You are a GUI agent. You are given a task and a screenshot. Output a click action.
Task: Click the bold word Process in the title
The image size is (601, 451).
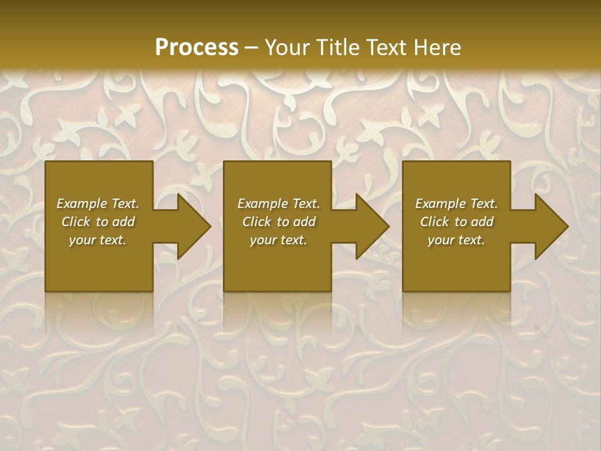coord(197,48)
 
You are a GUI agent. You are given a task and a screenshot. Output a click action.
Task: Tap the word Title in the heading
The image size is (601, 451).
coord(337,48)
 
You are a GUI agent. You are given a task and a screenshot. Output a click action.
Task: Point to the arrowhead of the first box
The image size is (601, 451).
coord(192,227)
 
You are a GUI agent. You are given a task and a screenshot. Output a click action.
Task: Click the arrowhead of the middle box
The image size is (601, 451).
coord(371,227)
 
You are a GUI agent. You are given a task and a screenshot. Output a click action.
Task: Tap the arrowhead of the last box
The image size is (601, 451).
coord(550,227)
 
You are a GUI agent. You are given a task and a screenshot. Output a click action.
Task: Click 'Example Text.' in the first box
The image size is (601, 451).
coord(98,204)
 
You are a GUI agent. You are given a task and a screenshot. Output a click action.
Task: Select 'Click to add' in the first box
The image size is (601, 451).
coord(98,222)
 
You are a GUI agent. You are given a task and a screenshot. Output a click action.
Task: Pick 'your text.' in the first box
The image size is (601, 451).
coord(98,240)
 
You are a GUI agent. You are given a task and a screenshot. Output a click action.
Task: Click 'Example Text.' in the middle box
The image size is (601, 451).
coord(279,204)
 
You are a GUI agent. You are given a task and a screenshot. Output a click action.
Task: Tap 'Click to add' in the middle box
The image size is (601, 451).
coord(279,222)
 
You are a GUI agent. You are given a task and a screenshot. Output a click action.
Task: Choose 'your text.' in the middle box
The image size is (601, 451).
coord(279,240)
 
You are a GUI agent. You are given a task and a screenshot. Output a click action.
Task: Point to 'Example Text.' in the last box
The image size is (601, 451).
coord(456,204)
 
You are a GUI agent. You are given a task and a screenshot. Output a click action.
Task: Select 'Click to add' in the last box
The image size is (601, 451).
coord(456,222)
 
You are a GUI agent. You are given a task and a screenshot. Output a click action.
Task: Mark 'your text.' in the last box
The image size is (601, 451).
coord(456,240)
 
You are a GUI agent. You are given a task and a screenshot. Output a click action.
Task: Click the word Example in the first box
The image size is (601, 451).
coord(82,204)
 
